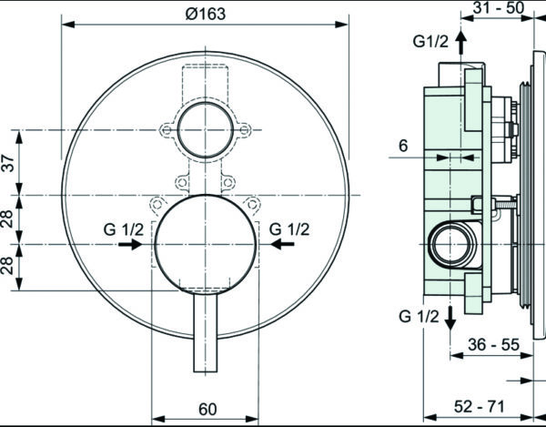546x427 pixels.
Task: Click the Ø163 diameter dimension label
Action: coord(206,14)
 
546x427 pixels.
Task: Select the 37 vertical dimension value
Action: coord(9,163)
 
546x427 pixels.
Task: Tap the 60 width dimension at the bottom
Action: coord(207,409)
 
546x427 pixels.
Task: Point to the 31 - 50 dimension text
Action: coord(499,7)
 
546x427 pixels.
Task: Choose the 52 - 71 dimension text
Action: coord(480,406)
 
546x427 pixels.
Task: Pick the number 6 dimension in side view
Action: coord(403,146)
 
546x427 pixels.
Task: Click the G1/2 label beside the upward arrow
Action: coord(430,42)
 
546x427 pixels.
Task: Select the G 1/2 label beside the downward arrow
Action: coord(419,317)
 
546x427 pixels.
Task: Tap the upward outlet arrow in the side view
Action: coord(461,42)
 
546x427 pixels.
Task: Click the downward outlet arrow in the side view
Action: coord(450,319)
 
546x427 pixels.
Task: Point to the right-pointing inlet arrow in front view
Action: coord(130,244)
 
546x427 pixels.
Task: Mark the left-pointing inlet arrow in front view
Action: coord(282,244)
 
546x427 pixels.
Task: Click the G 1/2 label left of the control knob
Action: coord(123,229)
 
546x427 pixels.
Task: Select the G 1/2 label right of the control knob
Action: coord(289,229)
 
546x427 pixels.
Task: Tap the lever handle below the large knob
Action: coord(206,332)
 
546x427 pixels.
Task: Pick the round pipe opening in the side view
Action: coord(452,244)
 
